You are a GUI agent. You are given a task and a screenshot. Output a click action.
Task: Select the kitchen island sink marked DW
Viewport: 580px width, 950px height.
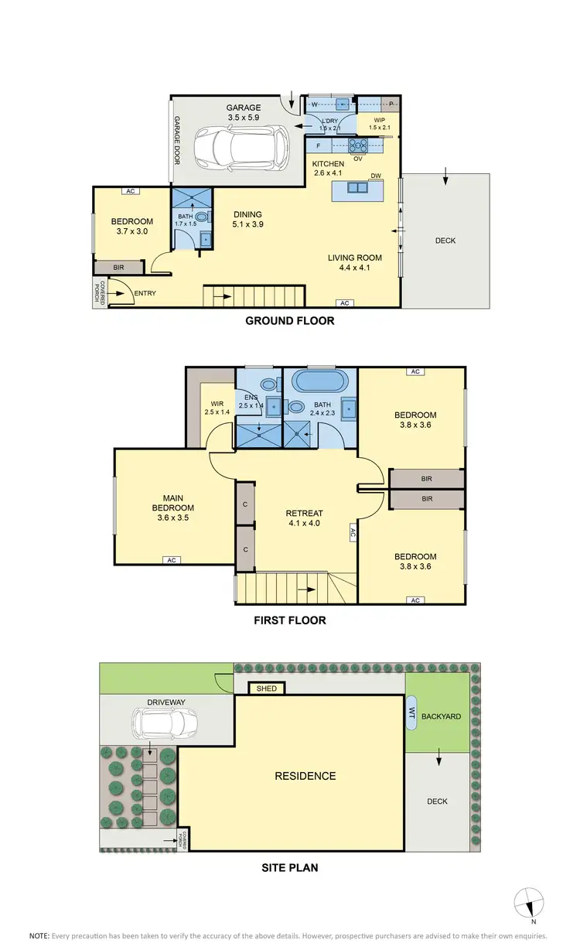tap(357, 188)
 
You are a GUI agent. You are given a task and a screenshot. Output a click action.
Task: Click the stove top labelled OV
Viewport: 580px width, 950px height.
tap(359, 145)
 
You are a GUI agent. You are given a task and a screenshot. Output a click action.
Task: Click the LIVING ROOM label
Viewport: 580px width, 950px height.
tap(354, 263)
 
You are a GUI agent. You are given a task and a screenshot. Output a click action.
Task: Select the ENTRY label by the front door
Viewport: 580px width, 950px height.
tap(145, 293)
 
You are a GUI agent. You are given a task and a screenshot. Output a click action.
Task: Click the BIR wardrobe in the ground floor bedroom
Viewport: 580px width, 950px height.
tap(118, 267)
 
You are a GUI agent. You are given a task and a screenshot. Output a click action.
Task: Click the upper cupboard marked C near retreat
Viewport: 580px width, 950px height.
tap(244, 504)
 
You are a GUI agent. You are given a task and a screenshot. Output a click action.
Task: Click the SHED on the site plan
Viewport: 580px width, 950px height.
tap(267, 688)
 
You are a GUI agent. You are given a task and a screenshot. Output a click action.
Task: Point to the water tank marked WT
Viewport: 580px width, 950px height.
tap(411, 712)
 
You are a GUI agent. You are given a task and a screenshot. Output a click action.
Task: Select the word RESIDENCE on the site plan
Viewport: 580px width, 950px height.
tap(305, 776)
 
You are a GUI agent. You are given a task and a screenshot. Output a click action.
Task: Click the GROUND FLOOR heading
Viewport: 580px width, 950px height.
tap(289, 320)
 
